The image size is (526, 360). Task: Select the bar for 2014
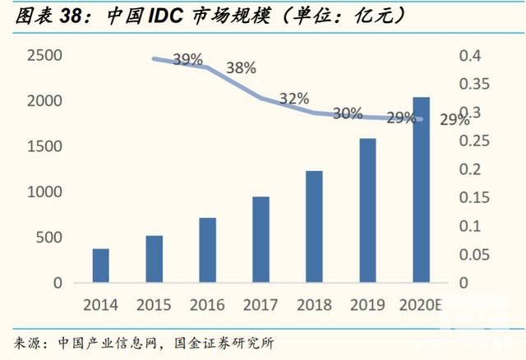(x=101, y=265)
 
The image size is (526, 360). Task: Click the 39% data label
(x=188, y=60)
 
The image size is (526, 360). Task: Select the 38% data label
(x=241, y=68)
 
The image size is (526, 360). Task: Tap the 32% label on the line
(x=293, y=99)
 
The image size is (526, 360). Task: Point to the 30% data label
(x=348, y=113)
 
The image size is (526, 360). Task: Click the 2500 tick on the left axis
(x=44, y=56)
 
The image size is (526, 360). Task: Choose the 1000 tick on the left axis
(x=44, y=192)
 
